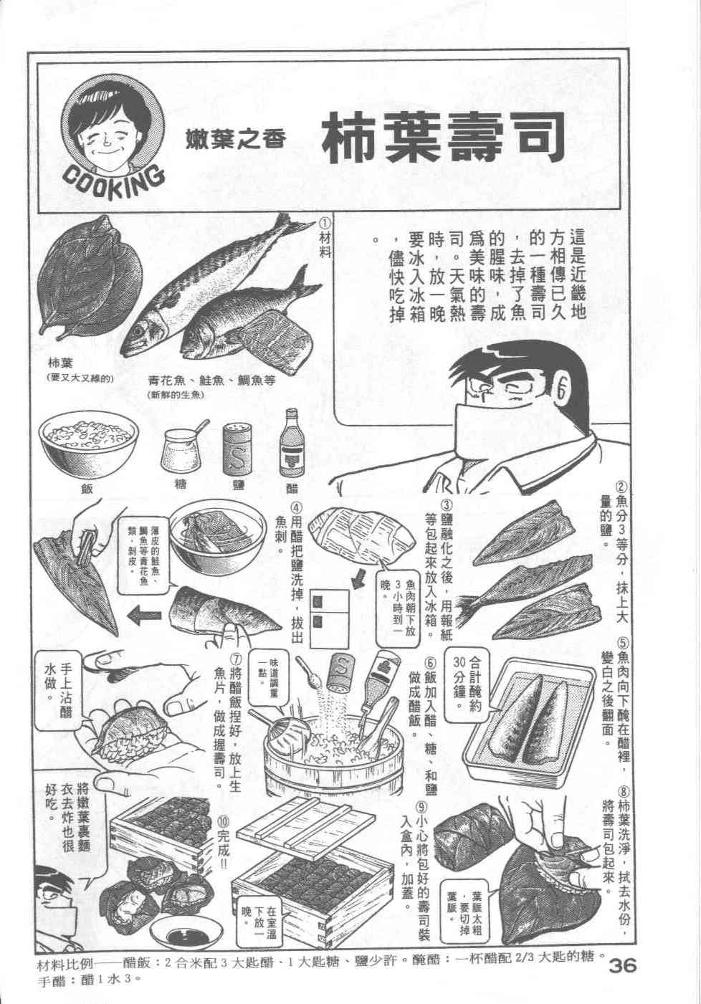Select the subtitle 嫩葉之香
click(236, 138)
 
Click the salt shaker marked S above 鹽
click(237, 449)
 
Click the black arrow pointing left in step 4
click(144, 615)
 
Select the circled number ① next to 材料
click(325, 223)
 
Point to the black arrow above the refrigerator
click(361, 579)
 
